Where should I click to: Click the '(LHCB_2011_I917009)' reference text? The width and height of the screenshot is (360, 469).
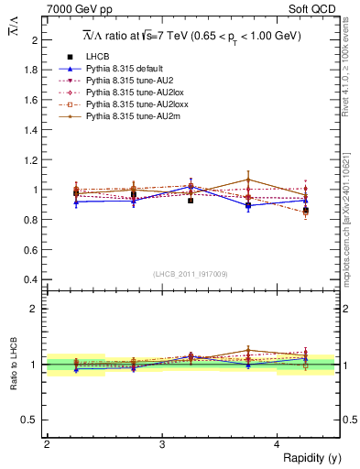point(191,273)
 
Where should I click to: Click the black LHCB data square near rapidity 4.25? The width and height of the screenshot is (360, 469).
point(306,211)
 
